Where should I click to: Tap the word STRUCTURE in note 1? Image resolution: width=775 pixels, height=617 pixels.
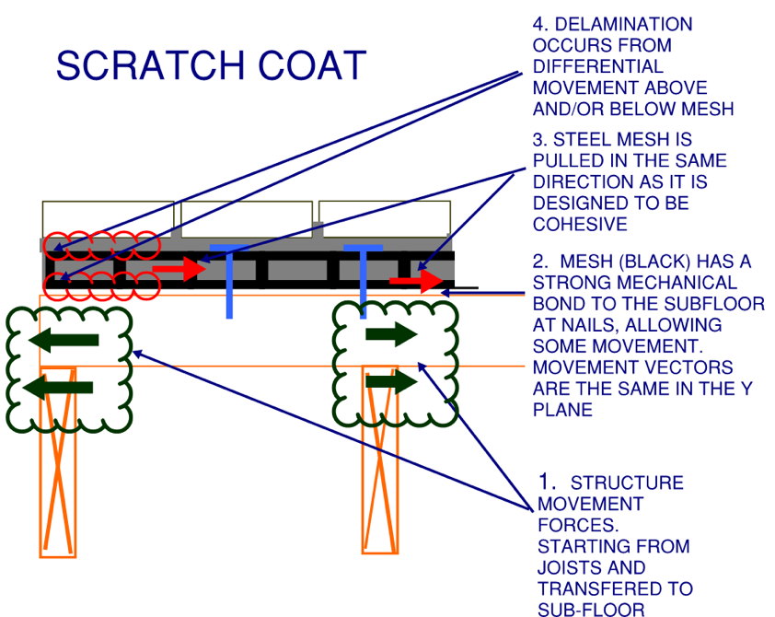point(627,483)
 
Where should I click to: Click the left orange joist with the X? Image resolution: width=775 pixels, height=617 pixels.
point(57,460)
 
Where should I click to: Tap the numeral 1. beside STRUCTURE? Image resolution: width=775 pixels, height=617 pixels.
point(548,483)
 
